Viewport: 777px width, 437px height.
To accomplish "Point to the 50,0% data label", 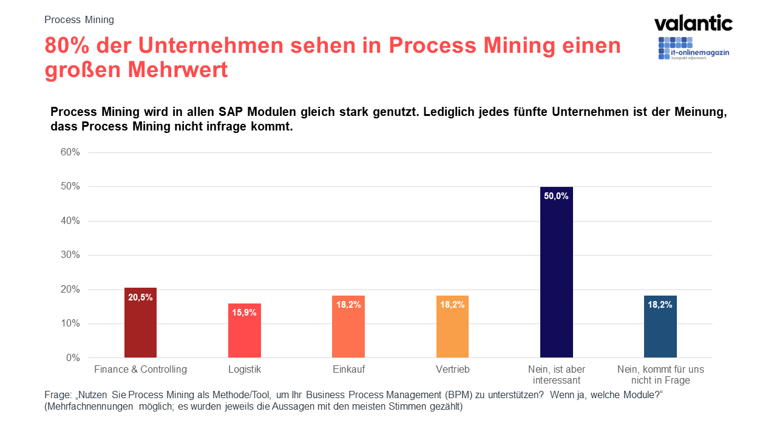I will point(557,196).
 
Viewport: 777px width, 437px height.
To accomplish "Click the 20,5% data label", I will point(140,297).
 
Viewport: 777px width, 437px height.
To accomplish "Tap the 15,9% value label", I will point(245,313).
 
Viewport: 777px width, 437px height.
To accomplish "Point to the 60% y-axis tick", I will point(70,152).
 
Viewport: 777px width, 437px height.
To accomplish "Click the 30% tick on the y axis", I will point(70,255).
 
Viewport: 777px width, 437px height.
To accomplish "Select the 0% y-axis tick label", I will point(73,358).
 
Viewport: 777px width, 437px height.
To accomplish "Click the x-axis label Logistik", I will point(245,369).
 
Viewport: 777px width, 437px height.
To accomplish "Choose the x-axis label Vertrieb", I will point(452,369).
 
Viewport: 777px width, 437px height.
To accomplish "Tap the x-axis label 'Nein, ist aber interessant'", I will point(557,374).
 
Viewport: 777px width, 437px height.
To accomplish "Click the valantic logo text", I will point(693,24).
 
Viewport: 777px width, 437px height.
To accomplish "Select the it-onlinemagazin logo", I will point(693,49).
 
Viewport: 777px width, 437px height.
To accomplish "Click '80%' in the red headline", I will point(67,46).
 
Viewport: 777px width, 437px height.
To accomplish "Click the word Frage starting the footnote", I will point(58,395).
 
